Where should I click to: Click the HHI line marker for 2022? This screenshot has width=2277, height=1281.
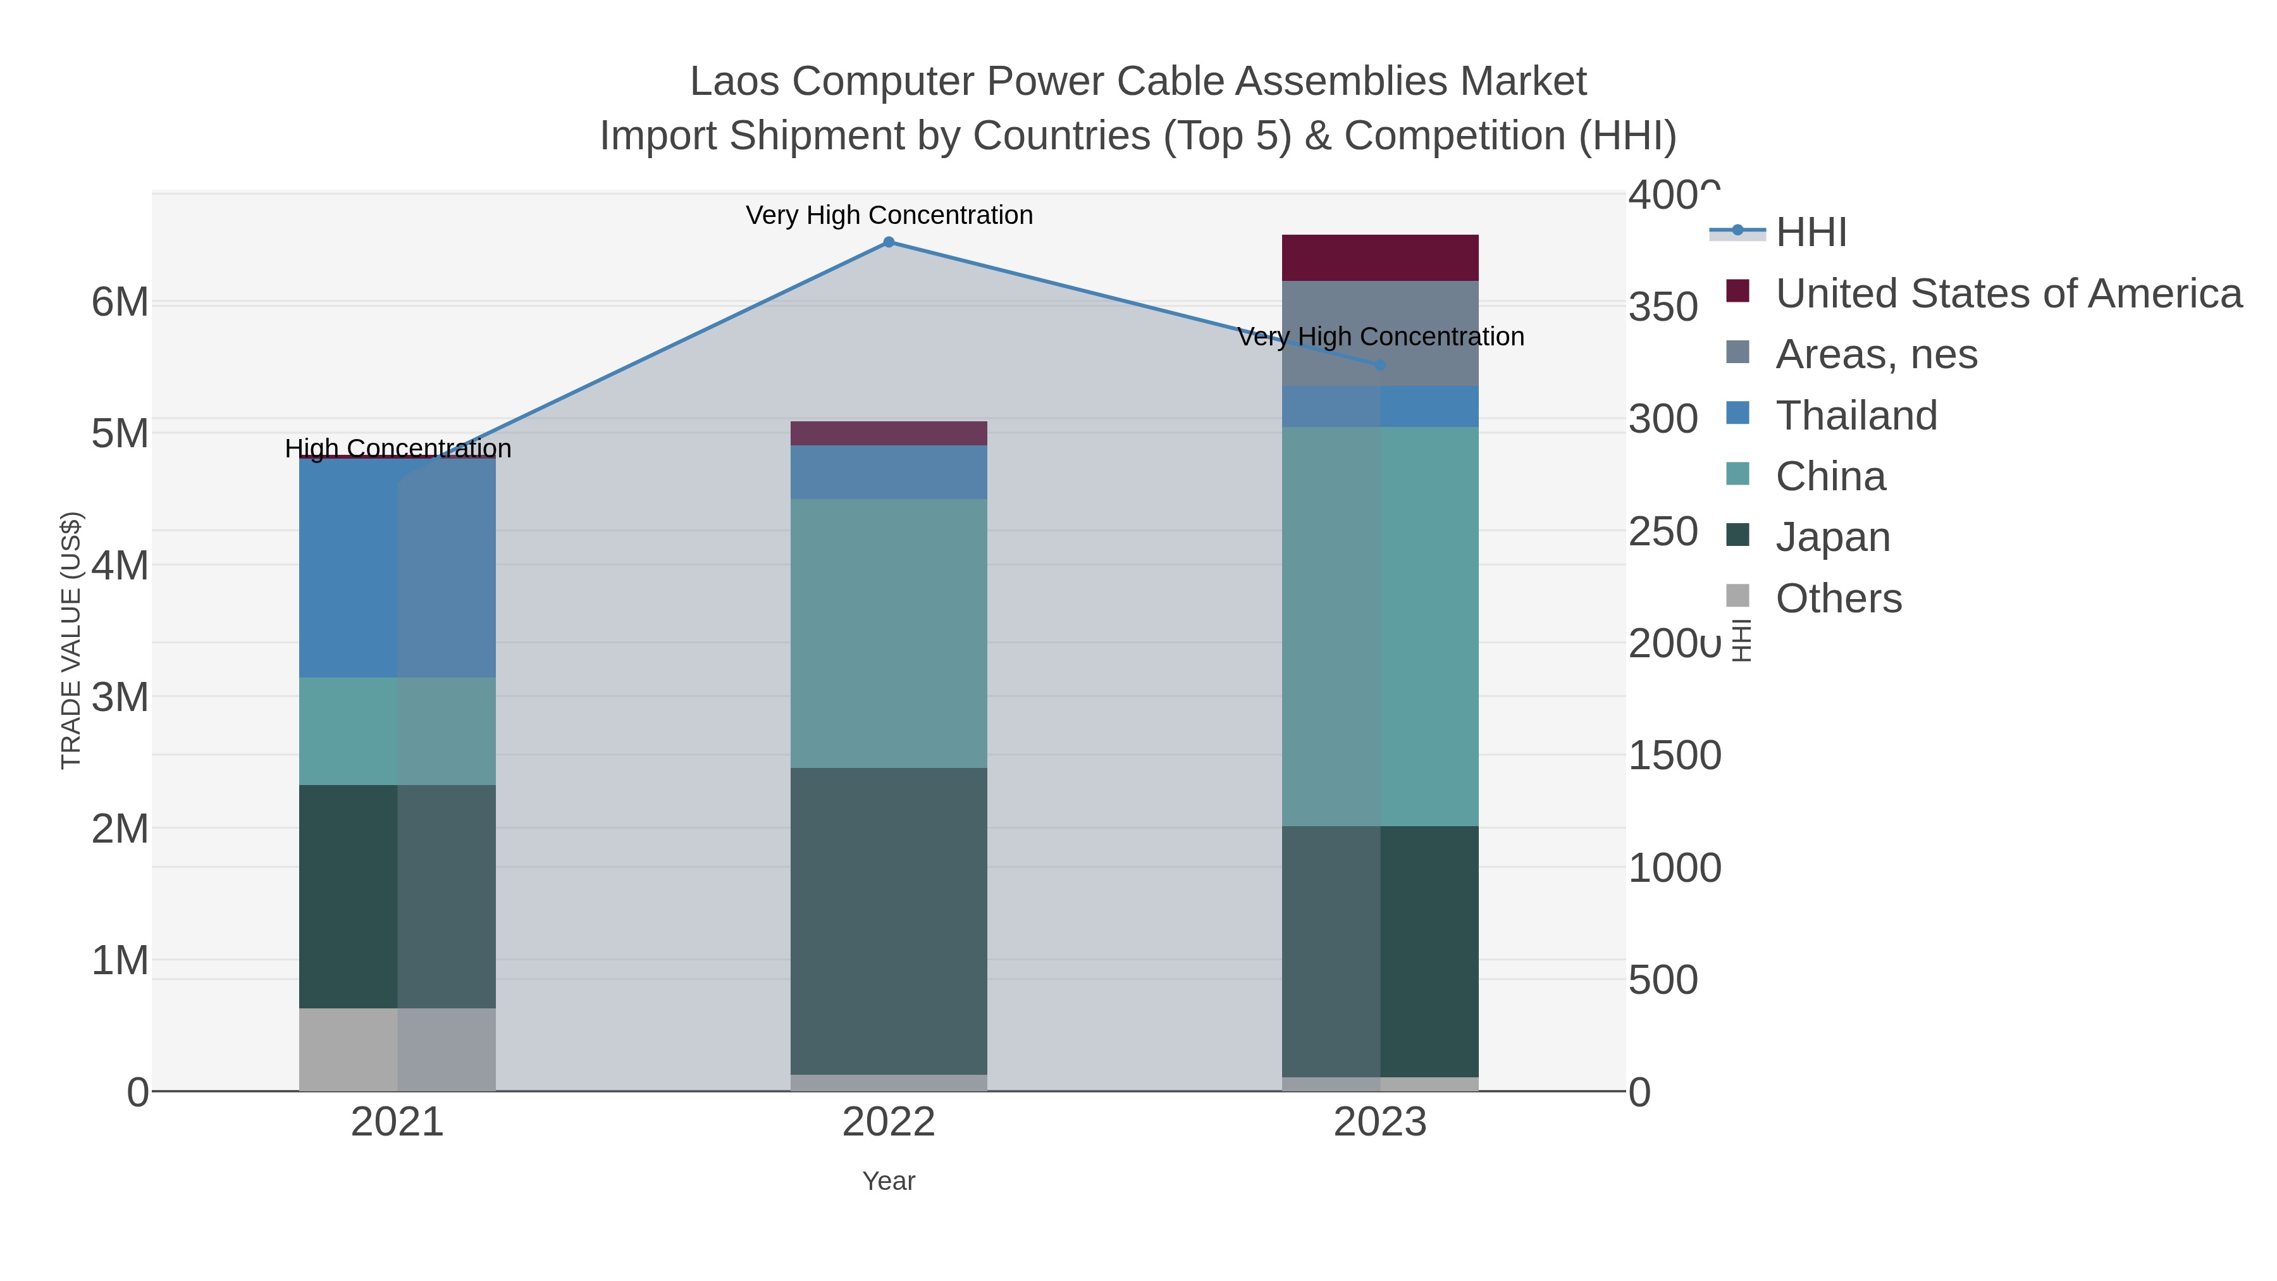[x=889, y=242]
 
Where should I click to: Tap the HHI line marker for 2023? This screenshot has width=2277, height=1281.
[x=1380, y=365]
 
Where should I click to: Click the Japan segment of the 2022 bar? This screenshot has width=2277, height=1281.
[x=889, y=920]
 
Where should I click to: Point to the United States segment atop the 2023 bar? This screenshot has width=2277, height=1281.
[x=1380, y=257]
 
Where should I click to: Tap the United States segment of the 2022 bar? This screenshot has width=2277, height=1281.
[x=889, y=433]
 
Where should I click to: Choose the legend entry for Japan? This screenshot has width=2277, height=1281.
[x=1832, y=538]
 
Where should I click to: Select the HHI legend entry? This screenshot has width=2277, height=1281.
[x=1810, y=233]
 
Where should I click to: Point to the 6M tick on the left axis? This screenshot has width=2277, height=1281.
[x=120, y=302]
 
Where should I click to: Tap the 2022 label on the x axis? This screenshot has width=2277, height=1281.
[x=889, y=1123]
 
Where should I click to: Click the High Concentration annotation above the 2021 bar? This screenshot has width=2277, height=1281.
[x=398, y=449]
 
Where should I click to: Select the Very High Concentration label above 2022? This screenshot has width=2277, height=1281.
[x=889, y=215]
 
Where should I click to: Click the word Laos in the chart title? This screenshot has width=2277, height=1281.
[x=734, y=82]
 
